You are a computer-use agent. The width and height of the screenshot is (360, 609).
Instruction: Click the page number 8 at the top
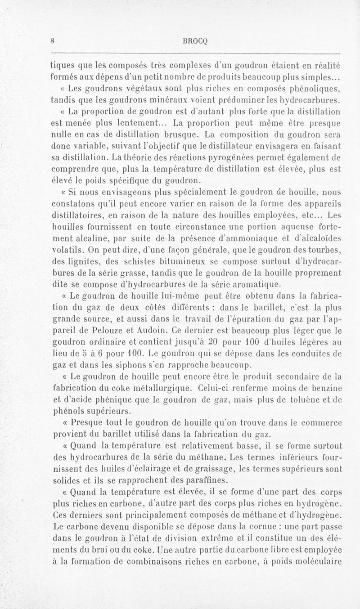[x=53, y=40]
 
